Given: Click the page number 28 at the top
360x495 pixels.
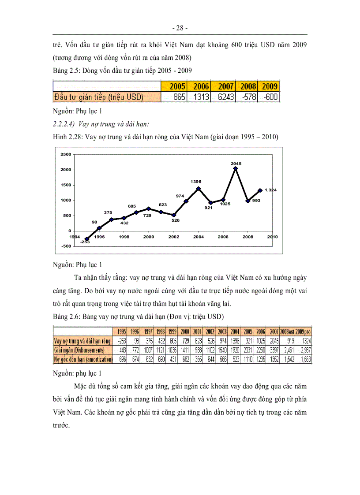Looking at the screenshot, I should (180, 28).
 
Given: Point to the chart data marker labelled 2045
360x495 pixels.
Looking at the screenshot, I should (236, 168).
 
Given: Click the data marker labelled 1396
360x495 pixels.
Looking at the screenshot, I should (199, 188).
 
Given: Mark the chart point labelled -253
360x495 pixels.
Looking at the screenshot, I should (86, 239).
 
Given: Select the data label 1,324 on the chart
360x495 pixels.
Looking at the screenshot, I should (270, 190).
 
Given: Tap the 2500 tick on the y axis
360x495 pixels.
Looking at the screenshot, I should (65, 154).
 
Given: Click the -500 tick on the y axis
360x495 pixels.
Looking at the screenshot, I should (65, 246).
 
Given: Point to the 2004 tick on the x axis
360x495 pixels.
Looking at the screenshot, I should (199, 237).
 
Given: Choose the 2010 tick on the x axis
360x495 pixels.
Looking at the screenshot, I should (272, 237).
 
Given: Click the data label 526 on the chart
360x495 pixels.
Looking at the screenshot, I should (175, 220).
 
